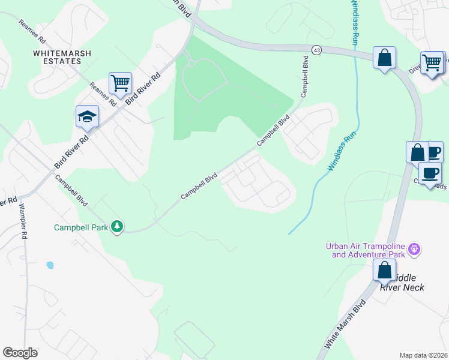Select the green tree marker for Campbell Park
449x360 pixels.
click(x=118, y=227)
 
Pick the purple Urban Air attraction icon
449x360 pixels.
click(x=413, y=248)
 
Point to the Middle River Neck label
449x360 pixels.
click(x=403, y=283)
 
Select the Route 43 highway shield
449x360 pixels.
click(x=316, y=49)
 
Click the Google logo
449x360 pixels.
click(x=20, y=353)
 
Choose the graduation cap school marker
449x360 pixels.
click(x=87, y=116)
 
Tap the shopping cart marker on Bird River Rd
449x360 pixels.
click(x=120, y=82)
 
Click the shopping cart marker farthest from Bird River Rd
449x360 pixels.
click(x=432, y=62)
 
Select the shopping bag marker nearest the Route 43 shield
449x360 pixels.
click(x=384, y=58)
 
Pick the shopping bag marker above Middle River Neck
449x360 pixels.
click(x=384, y=270)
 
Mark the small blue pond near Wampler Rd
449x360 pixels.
click(x=50, y=265)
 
